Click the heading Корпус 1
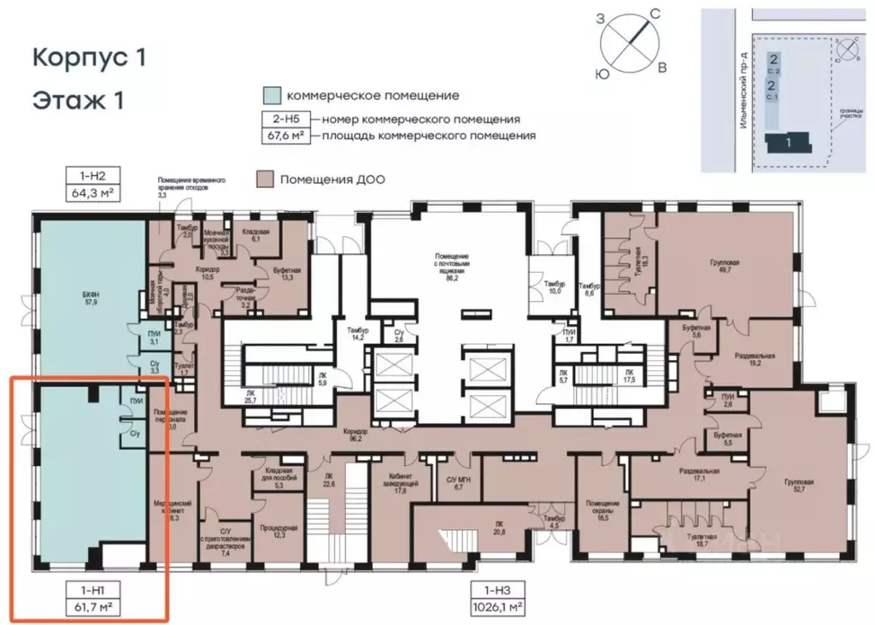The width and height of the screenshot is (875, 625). [89, 58]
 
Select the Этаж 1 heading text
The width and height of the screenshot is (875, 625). [79, 100]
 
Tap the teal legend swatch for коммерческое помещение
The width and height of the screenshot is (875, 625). [271, 95]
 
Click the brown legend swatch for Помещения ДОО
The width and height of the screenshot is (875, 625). [265, 179]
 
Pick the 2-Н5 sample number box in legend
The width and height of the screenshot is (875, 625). [287, 120]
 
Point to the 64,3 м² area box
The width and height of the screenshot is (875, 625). [92, 192]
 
